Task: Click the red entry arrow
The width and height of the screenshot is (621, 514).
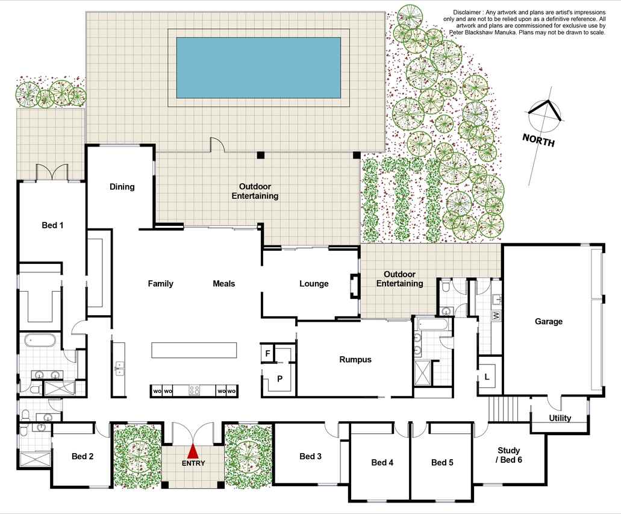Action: click(x=193, y=451)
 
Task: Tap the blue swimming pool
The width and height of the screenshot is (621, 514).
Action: click(x=258, y=67)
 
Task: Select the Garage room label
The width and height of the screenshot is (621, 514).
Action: click(x=549, y=321)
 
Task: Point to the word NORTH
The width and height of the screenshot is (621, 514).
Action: click(x=538, y=140)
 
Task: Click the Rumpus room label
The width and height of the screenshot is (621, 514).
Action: click(x=355, y=360)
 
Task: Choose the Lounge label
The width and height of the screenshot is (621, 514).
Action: click(x=314, y=284)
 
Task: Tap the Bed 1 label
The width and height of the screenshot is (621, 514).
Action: click(x=52, y=225)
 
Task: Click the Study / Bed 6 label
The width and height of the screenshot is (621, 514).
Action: click(x=509, y=455)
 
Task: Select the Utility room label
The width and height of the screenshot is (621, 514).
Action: click(x=560, y=418)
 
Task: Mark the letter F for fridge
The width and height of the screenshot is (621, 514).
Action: click(x=267, y=353)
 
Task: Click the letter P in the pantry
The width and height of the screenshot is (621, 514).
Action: click(x=279, y=379)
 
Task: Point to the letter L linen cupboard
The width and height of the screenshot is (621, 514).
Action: click(x=487, y=377)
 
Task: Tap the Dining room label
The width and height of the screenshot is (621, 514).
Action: click(x=122, y=187)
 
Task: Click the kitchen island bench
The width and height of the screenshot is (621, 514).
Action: click(x=194, y=350)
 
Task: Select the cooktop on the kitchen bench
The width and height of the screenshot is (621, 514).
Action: click(x=194, y=390)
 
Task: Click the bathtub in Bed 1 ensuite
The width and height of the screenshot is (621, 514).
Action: click(x=40, y=340)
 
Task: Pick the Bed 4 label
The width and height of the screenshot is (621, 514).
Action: click(x=382, y=463)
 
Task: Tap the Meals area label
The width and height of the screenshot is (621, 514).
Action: click(x=224, y=284)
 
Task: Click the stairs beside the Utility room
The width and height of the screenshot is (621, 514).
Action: click(x=504, y=409)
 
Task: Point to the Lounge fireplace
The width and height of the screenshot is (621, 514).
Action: click(x=354, y=286)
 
